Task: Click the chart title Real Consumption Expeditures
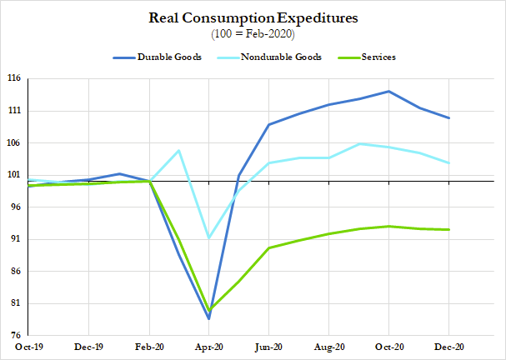point(253,17)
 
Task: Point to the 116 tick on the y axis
point(15,78)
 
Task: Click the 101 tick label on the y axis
point(15,175)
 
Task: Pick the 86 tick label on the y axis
point(15,272)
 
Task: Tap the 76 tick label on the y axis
point(15,336)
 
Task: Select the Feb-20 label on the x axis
point(150,347)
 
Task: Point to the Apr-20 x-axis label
point(209,347)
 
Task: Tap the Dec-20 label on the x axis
point(449,347)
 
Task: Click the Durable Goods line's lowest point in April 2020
point(209,318)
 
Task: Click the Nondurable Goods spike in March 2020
point(179,150)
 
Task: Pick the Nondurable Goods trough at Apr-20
point(209,238)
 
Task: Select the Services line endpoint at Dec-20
point(449,230)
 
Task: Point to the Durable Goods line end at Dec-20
point(449,118)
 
